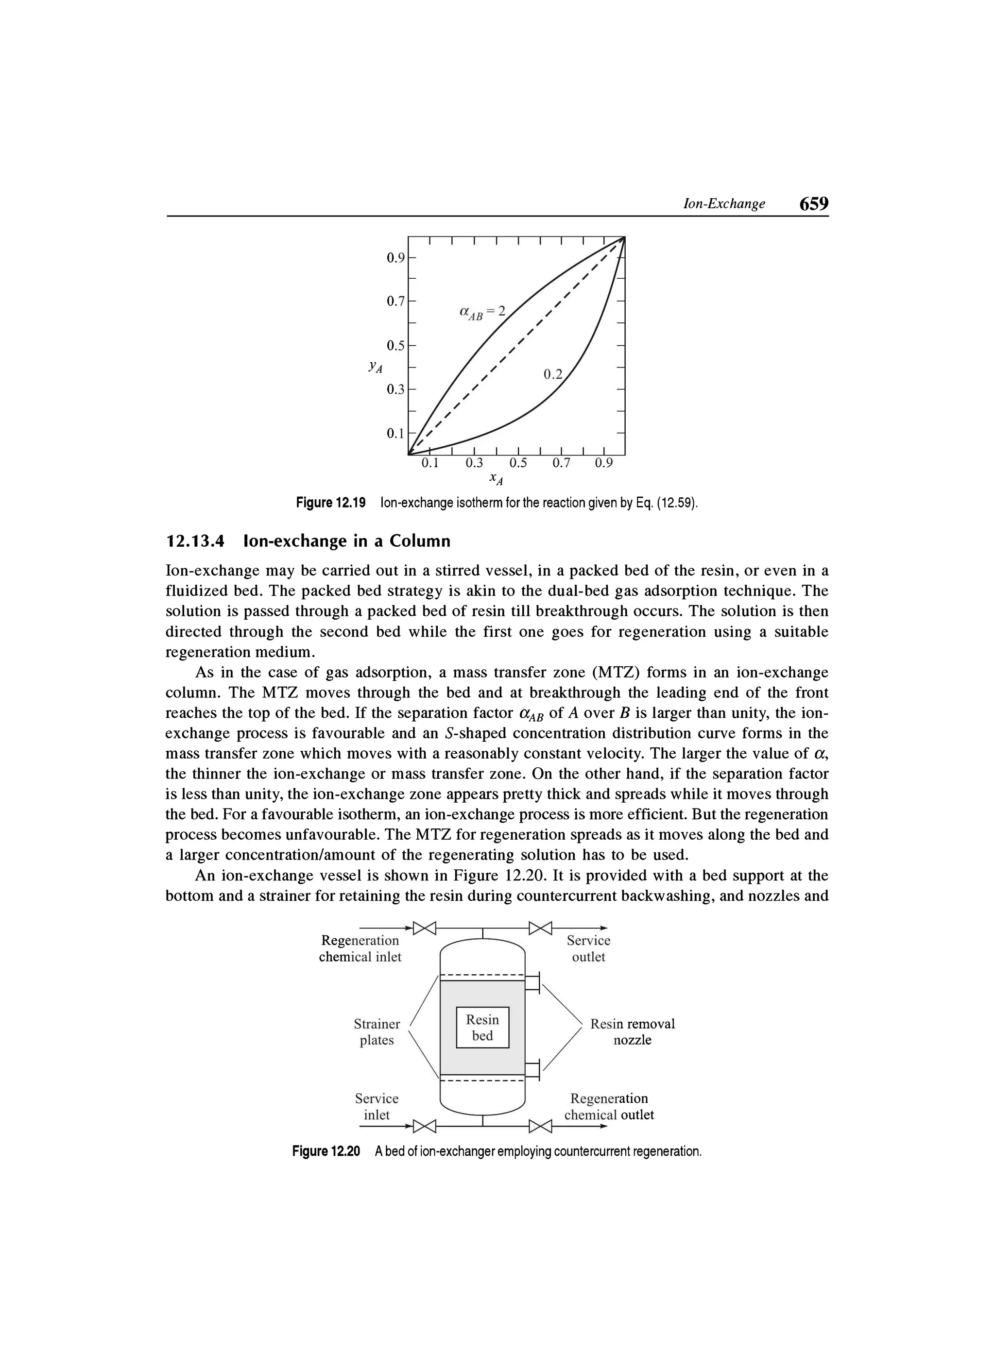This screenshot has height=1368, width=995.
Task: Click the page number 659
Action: [813, 204]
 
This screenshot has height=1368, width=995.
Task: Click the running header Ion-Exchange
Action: [723, 204]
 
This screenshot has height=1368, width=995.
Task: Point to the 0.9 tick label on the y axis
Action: [396, 258]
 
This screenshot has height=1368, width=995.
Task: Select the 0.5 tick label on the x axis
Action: [518, 463]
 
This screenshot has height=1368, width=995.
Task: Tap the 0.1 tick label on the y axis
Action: [396, 433]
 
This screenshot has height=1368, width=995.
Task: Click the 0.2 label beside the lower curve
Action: [552, 374]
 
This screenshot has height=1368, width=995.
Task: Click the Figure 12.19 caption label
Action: [331, 503]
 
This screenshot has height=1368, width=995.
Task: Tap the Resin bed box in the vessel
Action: [483, 1028]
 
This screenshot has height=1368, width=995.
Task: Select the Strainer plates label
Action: [377, 1032]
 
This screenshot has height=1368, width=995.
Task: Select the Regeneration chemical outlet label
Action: [609, 1106]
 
